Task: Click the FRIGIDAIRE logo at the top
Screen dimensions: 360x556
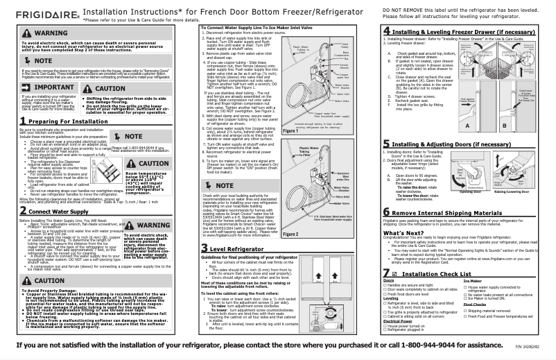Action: (34, 9)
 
